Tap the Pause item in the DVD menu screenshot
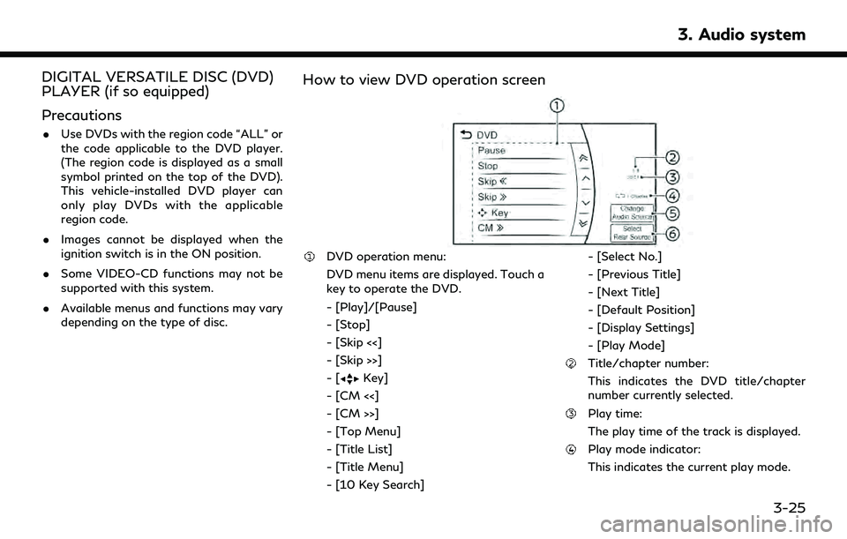coord(492,151)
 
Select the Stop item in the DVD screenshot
coord(488,166)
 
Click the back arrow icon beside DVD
coord(466,135)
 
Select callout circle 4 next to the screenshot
coord(673,195)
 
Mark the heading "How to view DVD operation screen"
coord(423,79)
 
